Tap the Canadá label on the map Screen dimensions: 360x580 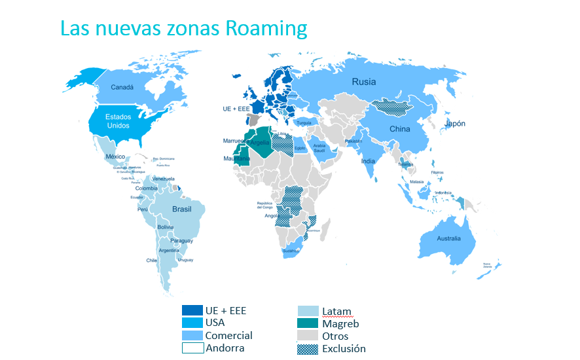tap(122, 87)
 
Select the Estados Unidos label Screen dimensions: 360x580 tap(118, 121)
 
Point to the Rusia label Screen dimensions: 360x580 tap(364, 82)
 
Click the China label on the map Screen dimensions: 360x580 tap(399, 129)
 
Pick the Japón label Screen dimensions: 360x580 tap(455, 124)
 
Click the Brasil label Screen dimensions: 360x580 tap(181, 209)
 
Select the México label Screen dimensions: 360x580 tap(115, 157)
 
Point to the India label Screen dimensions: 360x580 tap(369, 161)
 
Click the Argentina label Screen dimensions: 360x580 tap(168, 251)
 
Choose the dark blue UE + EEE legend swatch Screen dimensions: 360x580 tap(192, 310)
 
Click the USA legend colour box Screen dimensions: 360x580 tap(192, 323)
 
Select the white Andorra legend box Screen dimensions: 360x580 tap(192, 348)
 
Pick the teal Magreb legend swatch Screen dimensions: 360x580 tap(307, 323)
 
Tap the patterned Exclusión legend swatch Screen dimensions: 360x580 tap(307, 349)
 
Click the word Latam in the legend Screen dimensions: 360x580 tap(336, 312)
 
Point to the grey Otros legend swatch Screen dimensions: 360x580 tap(307, 336)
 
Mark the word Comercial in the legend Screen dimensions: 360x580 tap(228, 335)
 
